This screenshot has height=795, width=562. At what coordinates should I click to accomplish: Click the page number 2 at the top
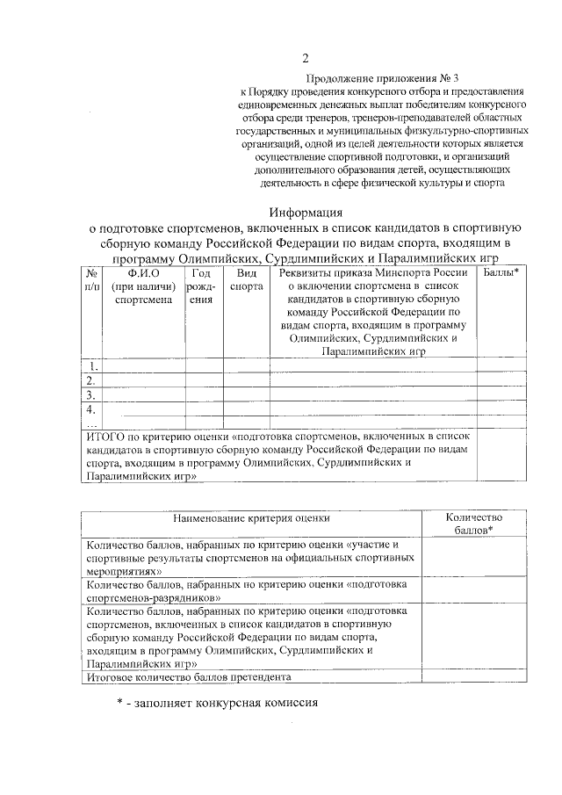(305, 59)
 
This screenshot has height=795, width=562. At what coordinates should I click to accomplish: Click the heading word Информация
(305, 212)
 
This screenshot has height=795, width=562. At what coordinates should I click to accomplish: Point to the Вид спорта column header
(245, 279)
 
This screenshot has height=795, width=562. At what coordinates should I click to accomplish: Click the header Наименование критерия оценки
(251, 519)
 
